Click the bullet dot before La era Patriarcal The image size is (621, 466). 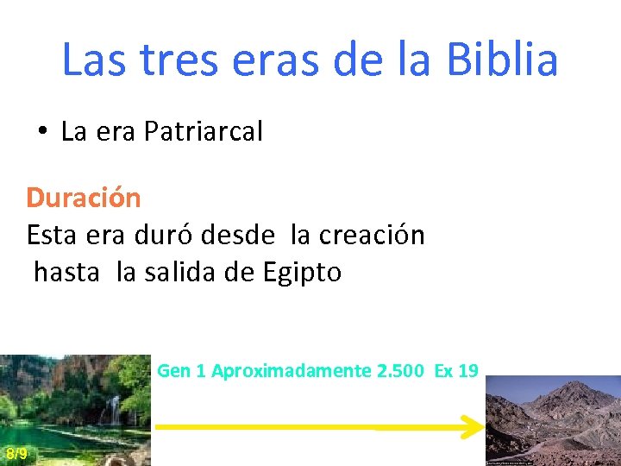click(41, 132)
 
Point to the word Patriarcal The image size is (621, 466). click(204, 132)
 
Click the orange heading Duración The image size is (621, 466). click(84, 198)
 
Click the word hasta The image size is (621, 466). click(66, 273)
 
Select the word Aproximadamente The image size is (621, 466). click(292, 371)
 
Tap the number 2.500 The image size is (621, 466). click(400, 371)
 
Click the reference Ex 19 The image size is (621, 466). click(456, 371)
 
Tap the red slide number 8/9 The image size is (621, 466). click(16, 454)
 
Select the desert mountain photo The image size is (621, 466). click(553, 420)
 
